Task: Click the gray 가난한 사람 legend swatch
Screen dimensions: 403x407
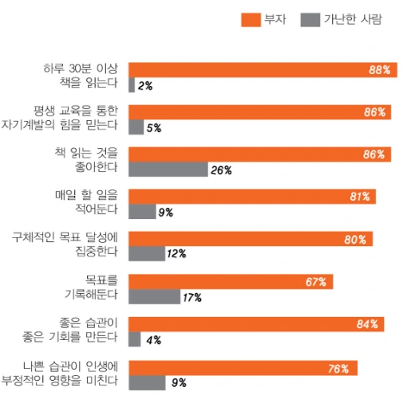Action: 310,19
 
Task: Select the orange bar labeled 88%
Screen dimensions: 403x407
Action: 262,69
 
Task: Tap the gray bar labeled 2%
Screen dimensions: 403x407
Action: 132,84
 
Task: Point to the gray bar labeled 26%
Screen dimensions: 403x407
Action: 168,169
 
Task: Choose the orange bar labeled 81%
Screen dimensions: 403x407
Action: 251,197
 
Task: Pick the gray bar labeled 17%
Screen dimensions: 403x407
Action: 154,297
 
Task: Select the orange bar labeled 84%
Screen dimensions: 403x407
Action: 256,324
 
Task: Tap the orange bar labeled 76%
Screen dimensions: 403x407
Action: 243,368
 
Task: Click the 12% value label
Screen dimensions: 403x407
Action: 176,254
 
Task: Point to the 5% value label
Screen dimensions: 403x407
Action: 154,127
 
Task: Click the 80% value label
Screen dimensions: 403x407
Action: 355,239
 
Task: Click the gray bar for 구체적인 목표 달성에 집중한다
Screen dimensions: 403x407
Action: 146,254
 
